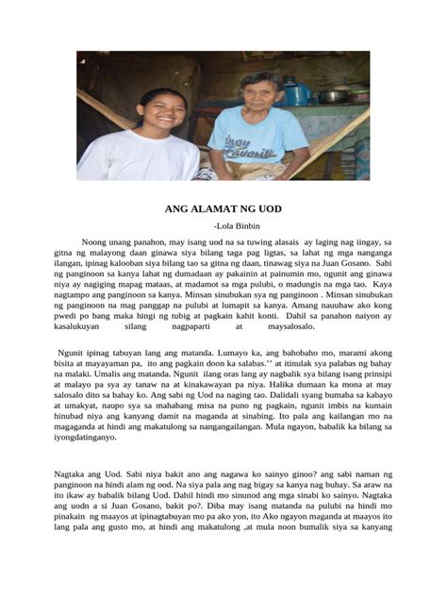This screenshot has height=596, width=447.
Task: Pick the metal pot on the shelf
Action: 333,95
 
